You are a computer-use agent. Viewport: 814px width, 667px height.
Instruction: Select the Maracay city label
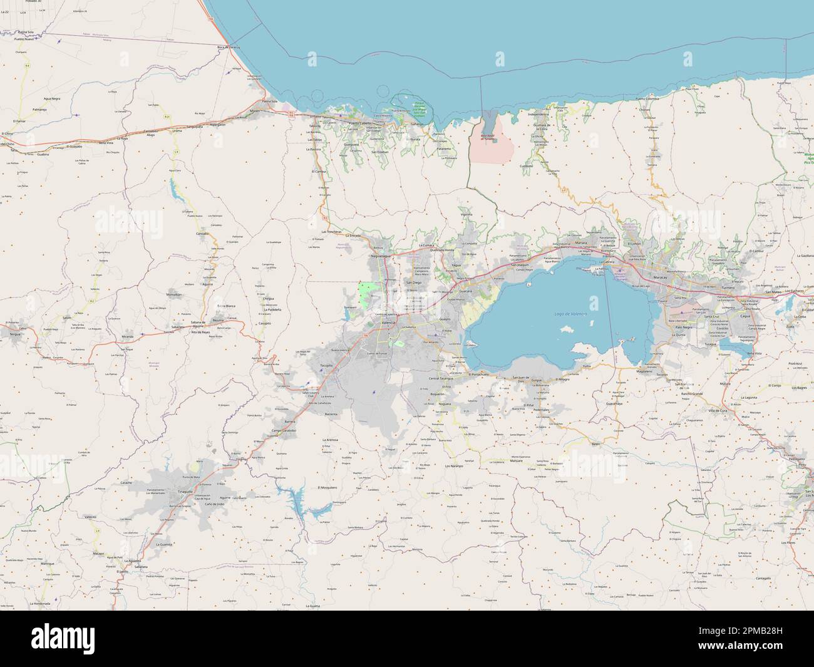coord(661,276)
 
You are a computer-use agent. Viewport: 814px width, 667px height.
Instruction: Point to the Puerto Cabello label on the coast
coord(363,123)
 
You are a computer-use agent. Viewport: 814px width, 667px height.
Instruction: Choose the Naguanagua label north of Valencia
coord(381,256)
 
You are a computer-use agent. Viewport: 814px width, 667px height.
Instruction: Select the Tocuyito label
coord(326,365)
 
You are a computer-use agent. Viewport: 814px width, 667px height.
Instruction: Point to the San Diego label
coord(414,282)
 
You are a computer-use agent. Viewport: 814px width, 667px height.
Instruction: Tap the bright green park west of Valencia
coord(367,292)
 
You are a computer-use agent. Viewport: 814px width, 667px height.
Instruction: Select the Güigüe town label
coord(536,380)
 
